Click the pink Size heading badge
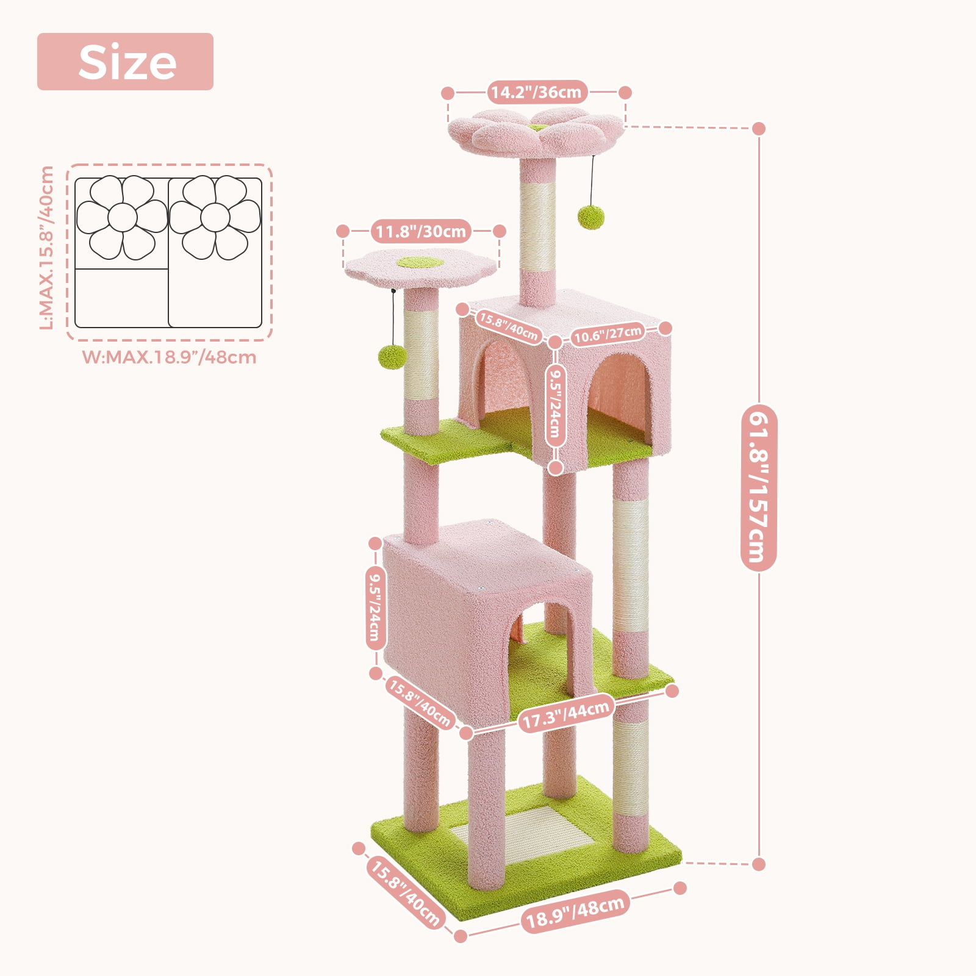pyautogui.click(x=125, y=62)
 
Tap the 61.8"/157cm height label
pyautogui.click(x=758, y=487)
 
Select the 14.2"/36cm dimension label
pyautogui.click(x=537, y=92)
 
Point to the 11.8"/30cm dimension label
pyautogui.click(x=421, y=231)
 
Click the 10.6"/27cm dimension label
pyautogui.click(x=608, y=334)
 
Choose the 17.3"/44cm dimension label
pyautogui.click(x=565, y=714)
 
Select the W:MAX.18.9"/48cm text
pyautogui.click(x=170, y=357)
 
